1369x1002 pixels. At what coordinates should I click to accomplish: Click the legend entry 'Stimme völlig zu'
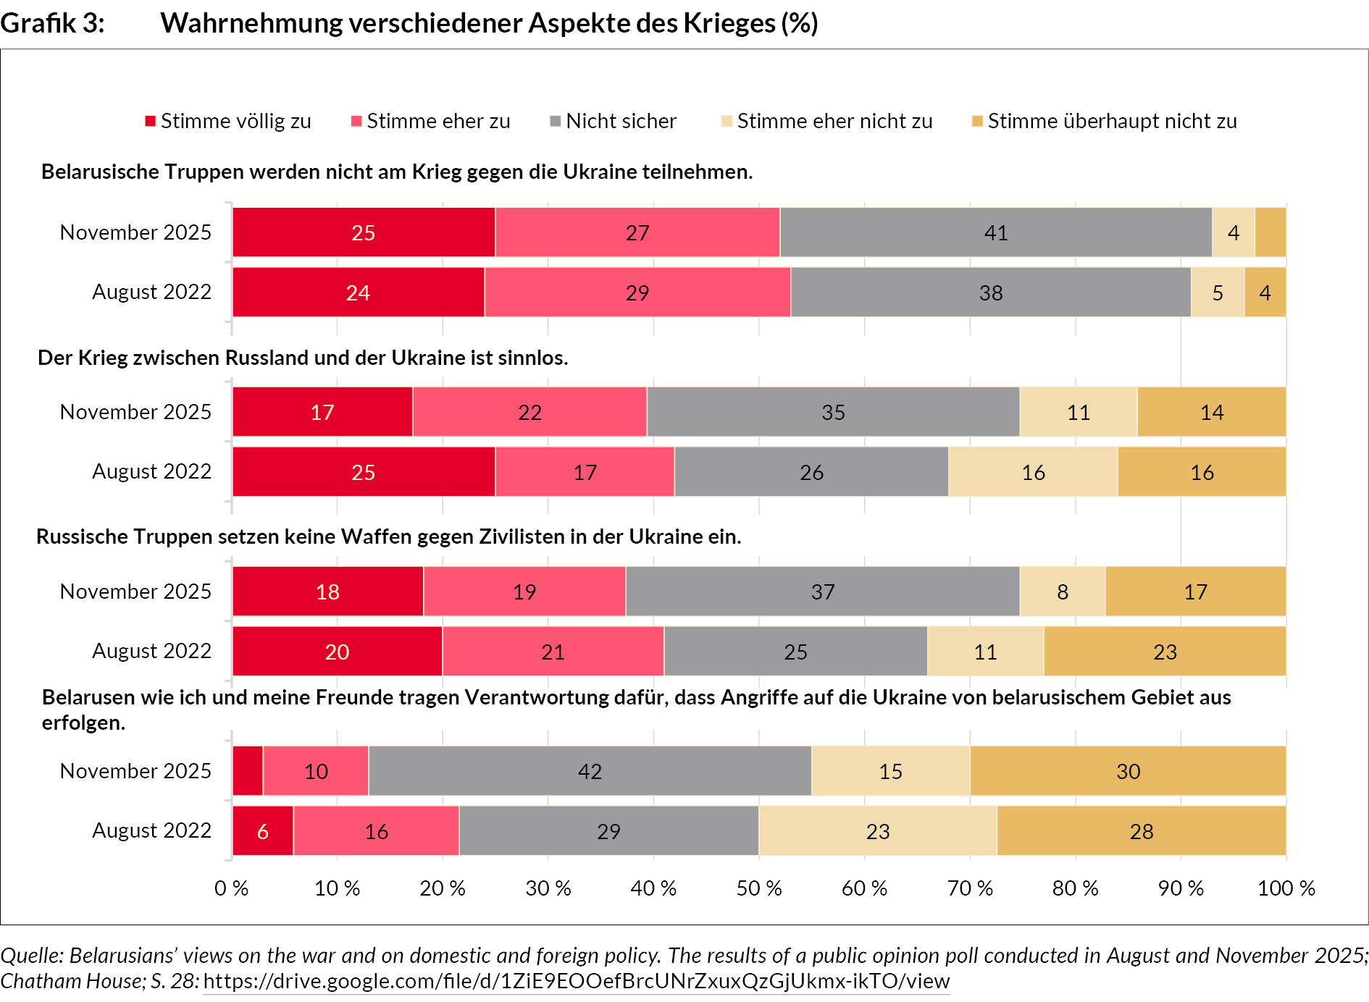tap(228, 121)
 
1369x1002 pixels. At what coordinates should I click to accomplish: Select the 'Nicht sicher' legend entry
tap(613, 121)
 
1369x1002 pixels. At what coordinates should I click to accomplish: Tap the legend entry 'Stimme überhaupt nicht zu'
tap(1104, 121)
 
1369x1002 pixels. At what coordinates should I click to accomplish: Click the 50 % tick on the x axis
tap(758, 888)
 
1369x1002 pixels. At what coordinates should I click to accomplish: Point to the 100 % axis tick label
tap(1286, 888)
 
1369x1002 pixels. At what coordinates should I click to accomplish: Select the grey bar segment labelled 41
tap(996, 232)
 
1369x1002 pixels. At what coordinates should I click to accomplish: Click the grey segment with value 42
tap(590, 771)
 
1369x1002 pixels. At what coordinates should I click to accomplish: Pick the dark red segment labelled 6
tap(263, 831)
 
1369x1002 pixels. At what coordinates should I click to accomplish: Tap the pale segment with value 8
tap(1063, 591)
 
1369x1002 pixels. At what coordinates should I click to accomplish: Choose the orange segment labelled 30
tap(1128, 771)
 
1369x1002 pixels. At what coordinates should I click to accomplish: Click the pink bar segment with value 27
tap(637, 232)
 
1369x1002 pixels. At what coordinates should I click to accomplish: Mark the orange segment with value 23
tap(1165, 652)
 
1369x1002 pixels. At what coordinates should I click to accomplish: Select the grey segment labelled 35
tap(833, 412)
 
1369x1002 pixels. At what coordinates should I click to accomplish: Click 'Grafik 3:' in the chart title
tap(52, 23)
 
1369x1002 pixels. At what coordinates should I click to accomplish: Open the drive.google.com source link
tap(576, 982)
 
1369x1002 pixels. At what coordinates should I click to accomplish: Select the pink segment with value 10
tap(316, 771)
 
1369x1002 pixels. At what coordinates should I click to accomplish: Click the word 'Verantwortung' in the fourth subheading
tap(535, 697)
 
